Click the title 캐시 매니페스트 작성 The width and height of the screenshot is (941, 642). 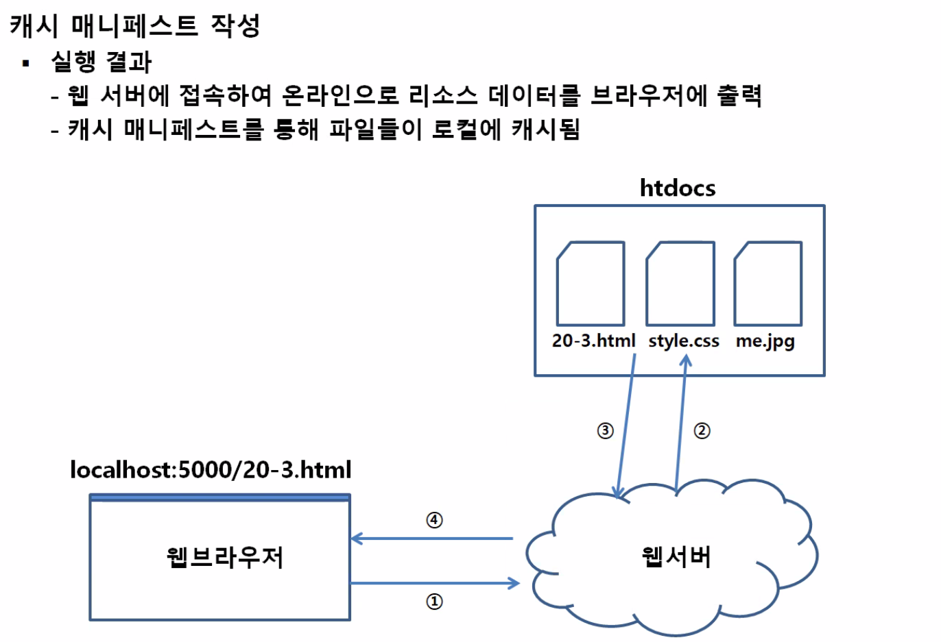point(135,26)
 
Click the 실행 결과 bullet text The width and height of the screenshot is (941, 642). point(102,62)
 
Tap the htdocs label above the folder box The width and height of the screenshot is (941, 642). point(677,188)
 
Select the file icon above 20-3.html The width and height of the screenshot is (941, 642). point(591,284)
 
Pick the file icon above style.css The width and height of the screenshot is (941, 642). point(680,284)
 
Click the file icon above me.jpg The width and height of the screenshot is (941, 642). point(768,284)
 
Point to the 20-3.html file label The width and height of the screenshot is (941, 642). point(593,341)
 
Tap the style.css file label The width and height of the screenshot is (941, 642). point(684,341)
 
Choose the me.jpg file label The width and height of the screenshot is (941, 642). point(765,341)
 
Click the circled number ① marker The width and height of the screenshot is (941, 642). point(434,602)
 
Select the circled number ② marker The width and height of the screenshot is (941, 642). point(702,431)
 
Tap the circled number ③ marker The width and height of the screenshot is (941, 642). point(605,431)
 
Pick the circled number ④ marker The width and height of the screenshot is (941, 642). point(434,520)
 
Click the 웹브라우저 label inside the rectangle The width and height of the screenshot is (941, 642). point(225,557)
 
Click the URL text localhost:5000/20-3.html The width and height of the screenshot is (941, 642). point(211,470)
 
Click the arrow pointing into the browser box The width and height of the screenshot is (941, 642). point(432,539)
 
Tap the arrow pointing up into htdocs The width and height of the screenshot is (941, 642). point(681,425)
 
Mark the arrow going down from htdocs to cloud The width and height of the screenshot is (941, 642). point(626,425)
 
